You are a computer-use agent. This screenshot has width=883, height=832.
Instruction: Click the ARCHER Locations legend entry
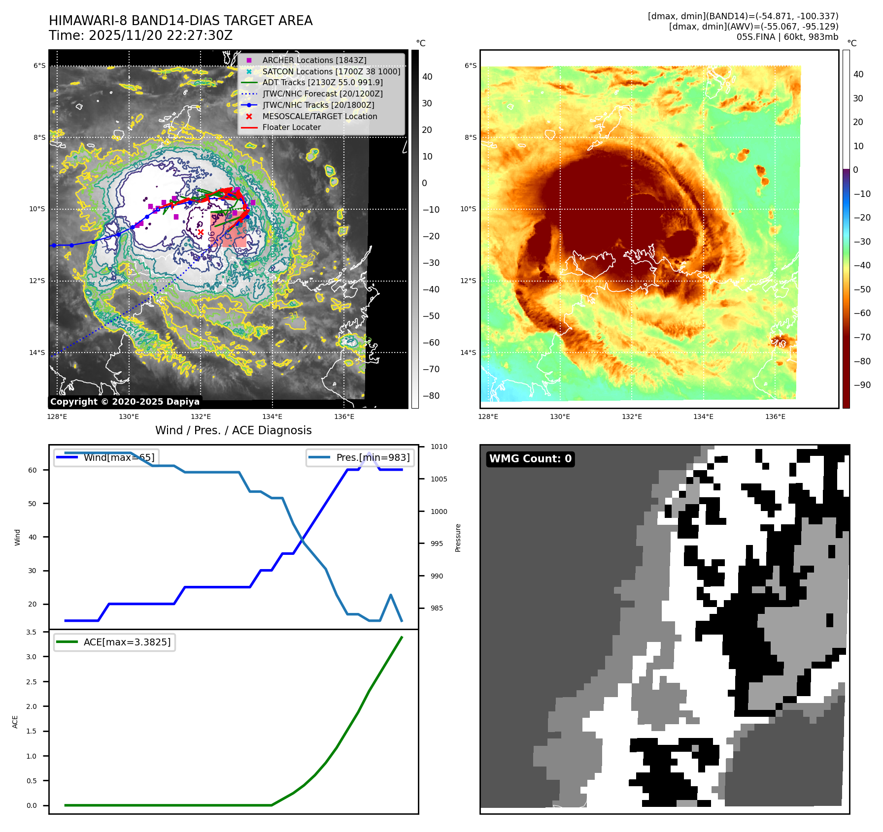point(314,60)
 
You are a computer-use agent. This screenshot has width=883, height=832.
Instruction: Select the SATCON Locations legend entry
point(331,71)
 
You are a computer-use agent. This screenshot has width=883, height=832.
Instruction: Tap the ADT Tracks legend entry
point(322,83)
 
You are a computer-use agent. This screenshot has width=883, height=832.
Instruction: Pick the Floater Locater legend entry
point(291,128)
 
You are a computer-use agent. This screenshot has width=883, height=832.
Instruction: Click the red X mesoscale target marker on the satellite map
point(201,232)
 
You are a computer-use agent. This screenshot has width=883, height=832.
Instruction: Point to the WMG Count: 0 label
point(530,459)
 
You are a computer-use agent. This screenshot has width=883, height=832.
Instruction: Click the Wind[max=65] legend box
point(106,457)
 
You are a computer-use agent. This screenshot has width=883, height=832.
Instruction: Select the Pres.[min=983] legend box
point(360,457)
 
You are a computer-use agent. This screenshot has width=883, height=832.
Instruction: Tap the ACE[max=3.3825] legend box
point(114,642)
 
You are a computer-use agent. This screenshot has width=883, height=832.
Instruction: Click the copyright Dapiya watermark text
point(125,402)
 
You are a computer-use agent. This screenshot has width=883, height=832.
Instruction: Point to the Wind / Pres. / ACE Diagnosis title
point(233,430)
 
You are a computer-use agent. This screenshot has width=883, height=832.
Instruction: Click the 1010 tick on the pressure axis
point(439,447)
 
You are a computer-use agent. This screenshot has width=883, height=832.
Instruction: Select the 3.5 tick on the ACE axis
point(31,632)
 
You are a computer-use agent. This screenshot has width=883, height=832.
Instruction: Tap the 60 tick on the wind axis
point(33,470)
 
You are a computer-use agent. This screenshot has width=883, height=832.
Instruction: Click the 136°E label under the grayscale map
point(344,416)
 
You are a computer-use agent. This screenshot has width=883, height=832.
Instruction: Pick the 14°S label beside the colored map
point(468,352)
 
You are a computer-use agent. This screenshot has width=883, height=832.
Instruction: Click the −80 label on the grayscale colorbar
point(431,396)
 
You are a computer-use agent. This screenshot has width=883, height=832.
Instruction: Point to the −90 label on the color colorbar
point(862,385)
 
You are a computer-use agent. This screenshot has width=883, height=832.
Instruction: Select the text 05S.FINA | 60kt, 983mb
point(787,37)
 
